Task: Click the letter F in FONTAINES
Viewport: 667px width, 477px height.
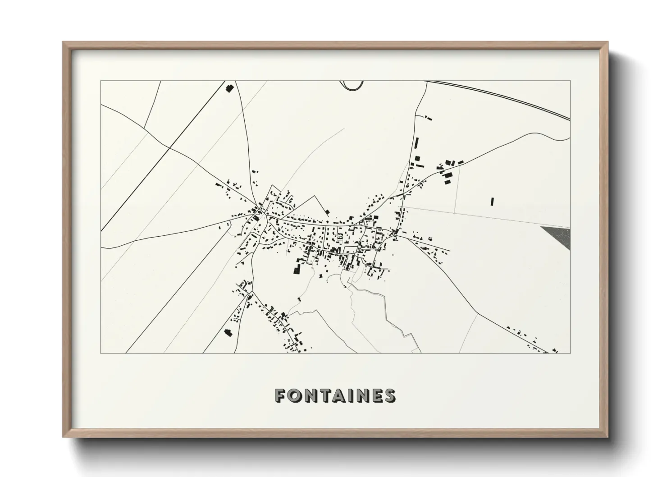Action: (280, 395)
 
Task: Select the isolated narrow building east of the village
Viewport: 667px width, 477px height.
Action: (492, 201)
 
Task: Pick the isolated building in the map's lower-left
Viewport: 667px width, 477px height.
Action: (228, 333)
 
